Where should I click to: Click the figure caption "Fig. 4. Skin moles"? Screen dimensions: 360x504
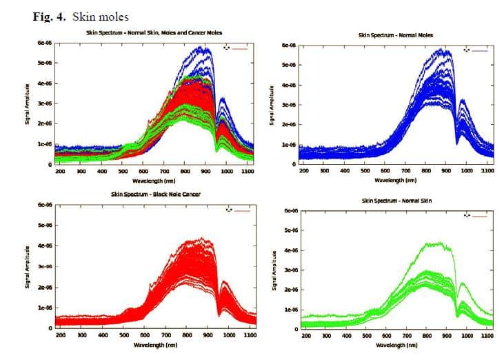[x=81, y=16]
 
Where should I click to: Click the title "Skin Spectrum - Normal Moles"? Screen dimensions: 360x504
[x=395, y=34]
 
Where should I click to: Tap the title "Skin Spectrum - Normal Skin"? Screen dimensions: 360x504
[x=396, y=200]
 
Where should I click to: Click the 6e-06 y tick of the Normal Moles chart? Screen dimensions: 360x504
[x=288, y=46]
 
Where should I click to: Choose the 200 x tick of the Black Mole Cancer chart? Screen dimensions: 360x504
[x=60, y=334]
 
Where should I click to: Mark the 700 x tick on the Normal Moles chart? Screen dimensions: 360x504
[x=407, y=170]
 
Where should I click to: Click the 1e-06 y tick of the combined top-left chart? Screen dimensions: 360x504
[x=45, y=144]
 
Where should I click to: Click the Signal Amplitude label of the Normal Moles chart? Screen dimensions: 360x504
[x=272, y=106]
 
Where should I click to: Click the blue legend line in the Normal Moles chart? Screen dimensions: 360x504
[x=480, y=50]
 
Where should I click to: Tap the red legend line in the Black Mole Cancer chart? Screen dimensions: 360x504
[x=241, y=210]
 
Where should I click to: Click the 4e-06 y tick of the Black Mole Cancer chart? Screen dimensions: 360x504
[x=45, y=246]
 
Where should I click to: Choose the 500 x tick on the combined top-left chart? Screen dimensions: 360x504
[x=123, y=170]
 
